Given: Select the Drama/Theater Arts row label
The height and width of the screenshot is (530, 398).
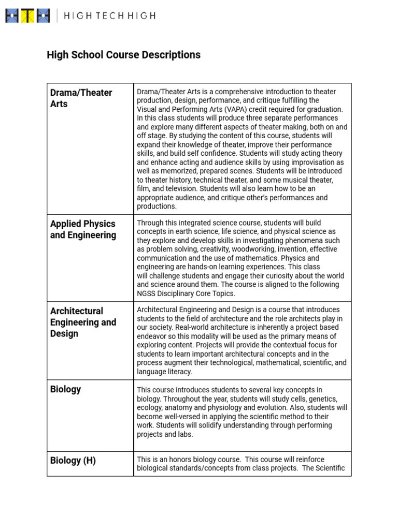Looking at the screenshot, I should (x=81, y=98).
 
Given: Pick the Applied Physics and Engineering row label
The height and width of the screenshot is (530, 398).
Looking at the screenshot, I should (x=83, y=229).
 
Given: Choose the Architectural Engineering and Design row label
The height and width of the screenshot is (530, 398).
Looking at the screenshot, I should (x=83, y=322).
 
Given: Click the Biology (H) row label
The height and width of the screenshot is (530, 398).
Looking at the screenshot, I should (x=73, y=460).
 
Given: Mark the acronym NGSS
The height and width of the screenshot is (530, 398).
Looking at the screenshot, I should (x=147, y=293).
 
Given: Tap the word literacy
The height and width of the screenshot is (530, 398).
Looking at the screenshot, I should (x=177, y=372).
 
